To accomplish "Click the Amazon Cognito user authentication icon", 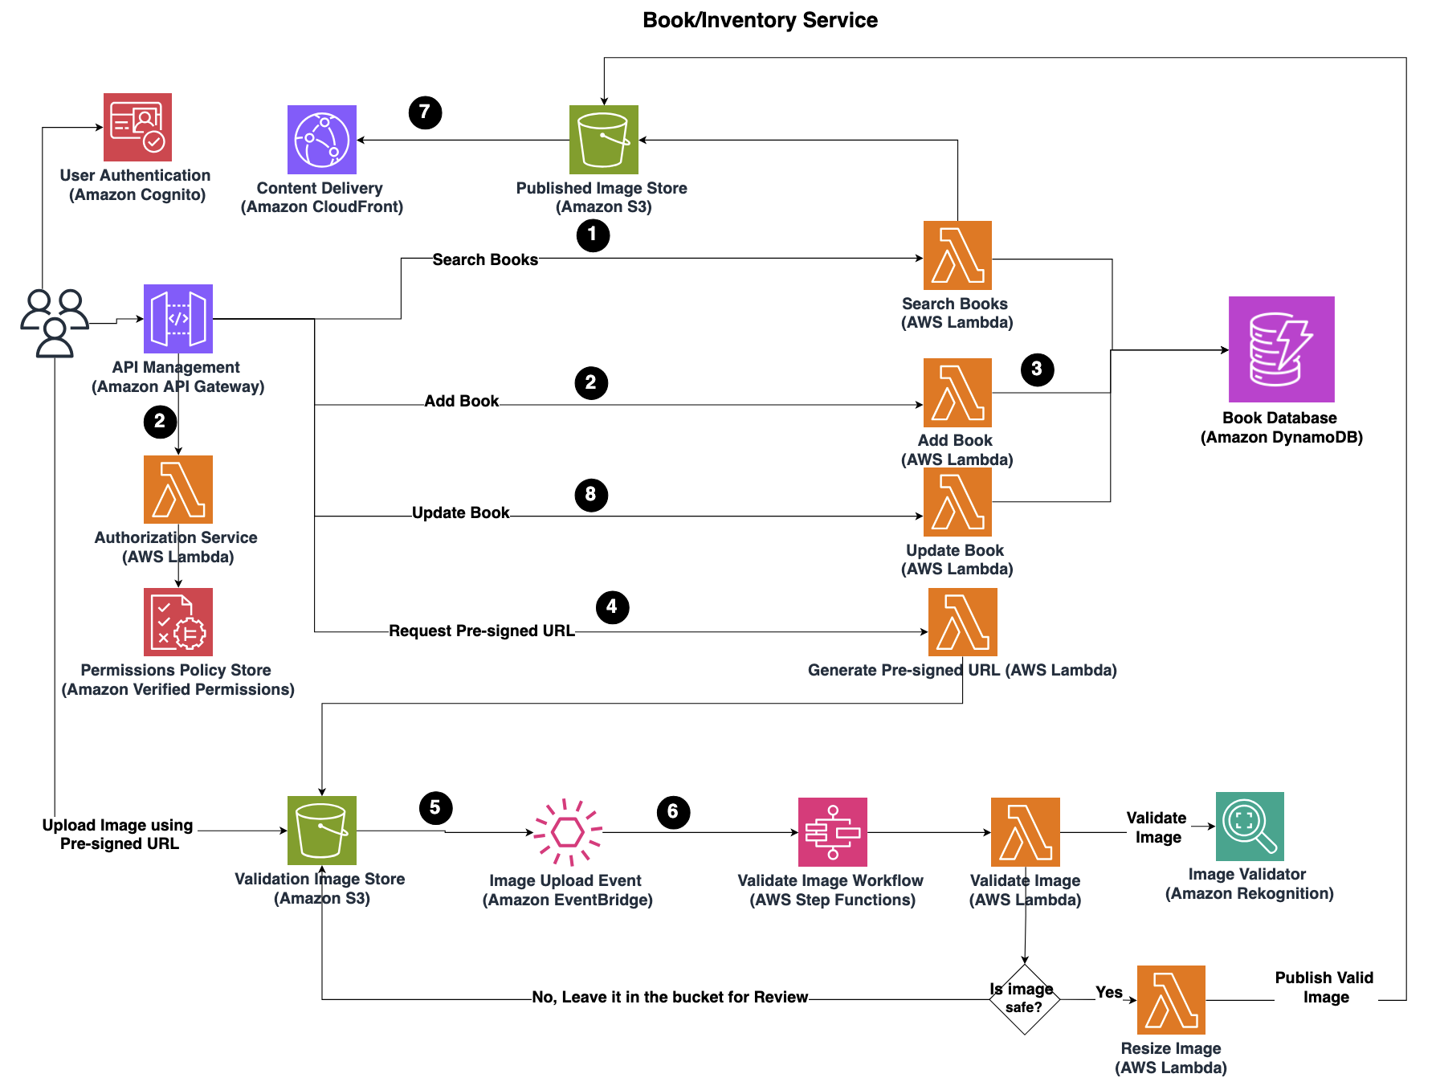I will click(x=137, y=127).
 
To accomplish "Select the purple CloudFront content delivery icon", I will click(x=322, y=140).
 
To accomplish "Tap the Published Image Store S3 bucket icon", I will click(x=603, y=140).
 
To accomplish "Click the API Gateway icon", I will click(x=178, y=319).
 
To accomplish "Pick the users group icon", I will click(x=55, y=322).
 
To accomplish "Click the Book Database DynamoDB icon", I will click(x=1281, y=349).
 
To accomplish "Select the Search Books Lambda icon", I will click(x=957, y=255).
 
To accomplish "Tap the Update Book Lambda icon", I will click(x=957, y=502).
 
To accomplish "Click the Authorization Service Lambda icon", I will click(x=178, y=489).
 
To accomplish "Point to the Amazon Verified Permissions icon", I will click(x=178, y=622).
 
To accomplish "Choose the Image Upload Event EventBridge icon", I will click(x=568, y=832).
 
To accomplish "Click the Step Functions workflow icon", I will click(x=832, y=832).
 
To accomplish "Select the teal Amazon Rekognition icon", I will click(x=1250, y=827).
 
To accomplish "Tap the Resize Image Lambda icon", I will click(x=1171, y=1000).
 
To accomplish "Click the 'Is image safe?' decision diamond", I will click(x=1024, y=999).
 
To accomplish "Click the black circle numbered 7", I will click(x=425, y=112).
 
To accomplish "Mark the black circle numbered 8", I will click(x=591, y=495).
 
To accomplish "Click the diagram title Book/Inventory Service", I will click(x=760, y=20).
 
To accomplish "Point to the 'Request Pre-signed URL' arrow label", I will click(x=482, y=631).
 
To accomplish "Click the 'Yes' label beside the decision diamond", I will click(x=1109, y=993).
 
